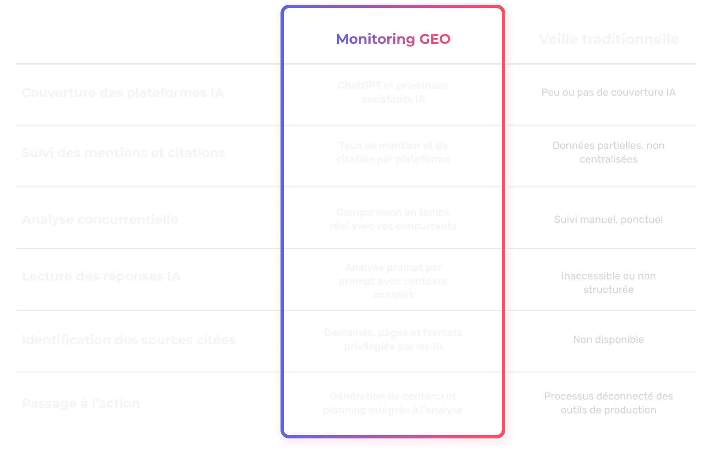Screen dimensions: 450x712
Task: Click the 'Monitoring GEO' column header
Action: point(393,39)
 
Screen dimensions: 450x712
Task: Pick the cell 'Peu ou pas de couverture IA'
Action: point(608,93)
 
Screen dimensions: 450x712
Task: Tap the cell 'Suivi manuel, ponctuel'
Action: point(608,219)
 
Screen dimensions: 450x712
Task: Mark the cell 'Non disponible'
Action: point(608,339)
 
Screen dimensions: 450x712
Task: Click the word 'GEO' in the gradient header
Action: point(434,39)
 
